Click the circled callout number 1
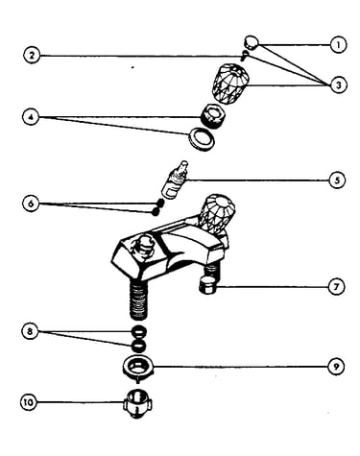point(338,45)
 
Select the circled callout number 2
point(32,55)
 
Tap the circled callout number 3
point(338,84)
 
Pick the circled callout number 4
point(31,117)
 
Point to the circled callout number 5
point(337,180)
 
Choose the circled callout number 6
point(31,204)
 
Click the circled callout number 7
point(336,287)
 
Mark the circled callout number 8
point(30,331)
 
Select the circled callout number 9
point(336,367)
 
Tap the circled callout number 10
point(29,401)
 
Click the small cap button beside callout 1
point(252,43)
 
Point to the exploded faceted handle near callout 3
point(230,84)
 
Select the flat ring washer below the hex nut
point(202,138)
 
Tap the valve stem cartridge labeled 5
point(175,180)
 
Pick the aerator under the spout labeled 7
point(207,286)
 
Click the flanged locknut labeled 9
point(138,368)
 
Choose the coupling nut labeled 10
point(138,402)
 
